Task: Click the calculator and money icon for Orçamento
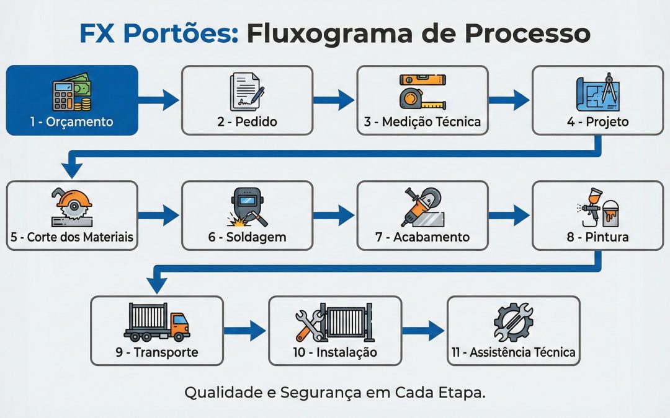pyautogui.click(x=71, y=92)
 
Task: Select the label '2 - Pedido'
pyautogui.click(x=247, y=122)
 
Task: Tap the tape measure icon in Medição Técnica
pyautogui.click(x=422, y=92)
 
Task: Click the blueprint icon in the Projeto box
pyautogui.click(x=597, y=92)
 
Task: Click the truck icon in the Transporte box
pyautogui.click(x=156, y=323)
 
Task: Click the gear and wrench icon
pyautogui.click(x=512, y=323)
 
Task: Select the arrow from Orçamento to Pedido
pyautogui.click(x=159, y=100)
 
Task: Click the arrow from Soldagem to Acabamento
pyautogui.click(x=334, y=215)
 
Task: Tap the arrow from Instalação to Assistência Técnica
pyautogui.click(x=424, y=330)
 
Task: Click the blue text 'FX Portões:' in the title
pyautogui.click(x=159, y=34)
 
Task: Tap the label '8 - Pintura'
pyautogui.click(x=597, y=237)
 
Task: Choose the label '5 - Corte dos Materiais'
pyautogui.click(x=72, y=237)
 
